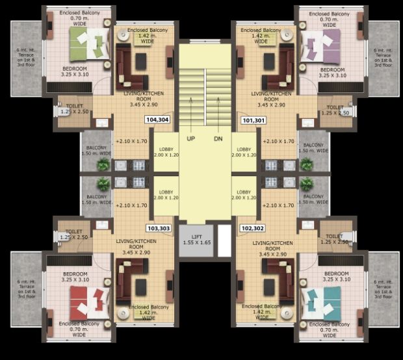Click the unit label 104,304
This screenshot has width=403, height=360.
coord(157,120)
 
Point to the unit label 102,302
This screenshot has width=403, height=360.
coord(253,228)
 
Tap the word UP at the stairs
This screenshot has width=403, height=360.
coord(190,138)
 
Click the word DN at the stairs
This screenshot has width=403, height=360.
coord(218,138)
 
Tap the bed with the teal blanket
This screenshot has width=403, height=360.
coord(318,302)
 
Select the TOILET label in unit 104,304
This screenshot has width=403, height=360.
coord(75,107)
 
